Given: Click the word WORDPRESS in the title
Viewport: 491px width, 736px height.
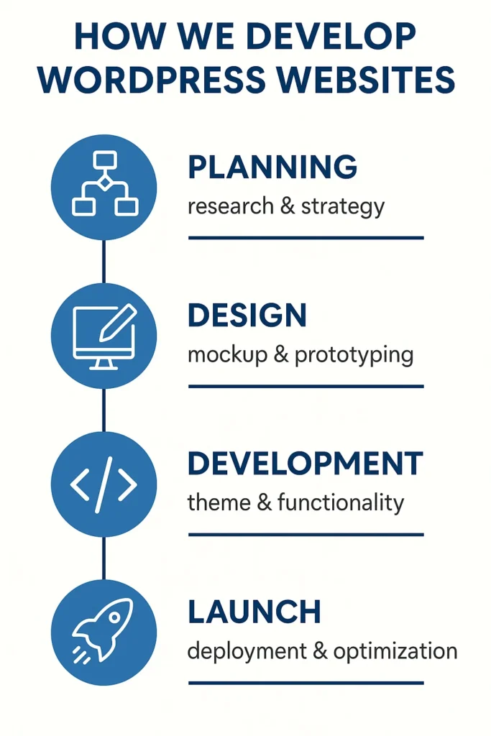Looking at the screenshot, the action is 152,79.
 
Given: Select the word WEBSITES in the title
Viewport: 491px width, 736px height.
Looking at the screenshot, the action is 365,79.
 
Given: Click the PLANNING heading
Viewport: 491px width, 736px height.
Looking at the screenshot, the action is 272,167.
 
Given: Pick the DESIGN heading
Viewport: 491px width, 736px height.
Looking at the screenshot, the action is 247,315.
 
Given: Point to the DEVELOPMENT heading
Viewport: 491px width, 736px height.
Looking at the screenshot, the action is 306,464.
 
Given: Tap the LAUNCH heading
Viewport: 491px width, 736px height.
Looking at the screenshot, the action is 254,612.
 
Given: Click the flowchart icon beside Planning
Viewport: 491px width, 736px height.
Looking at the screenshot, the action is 105,183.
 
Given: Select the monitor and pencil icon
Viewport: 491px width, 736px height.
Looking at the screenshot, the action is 105,336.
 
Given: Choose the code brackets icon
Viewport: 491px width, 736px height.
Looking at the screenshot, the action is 104,484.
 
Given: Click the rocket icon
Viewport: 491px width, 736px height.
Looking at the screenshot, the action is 103,631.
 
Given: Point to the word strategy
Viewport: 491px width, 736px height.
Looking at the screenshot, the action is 343,207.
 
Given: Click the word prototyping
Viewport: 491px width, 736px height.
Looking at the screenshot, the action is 354,355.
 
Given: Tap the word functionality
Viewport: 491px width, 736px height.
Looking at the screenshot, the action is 340,502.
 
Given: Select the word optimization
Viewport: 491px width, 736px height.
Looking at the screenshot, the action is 395,651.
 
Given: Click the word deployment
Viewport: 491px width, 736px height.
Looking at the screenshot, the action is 247,651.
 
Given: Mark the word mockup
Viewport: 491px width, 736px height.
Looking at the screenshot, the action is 227,355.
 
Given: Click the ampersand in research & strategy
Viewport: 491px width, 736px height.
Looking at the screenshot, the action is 288,206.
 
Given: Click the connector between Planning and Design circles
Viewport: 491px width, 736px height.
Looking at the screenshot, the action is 104,262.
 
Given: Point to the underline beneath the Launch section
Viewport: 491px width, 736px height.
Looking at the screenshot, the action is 306,683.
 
